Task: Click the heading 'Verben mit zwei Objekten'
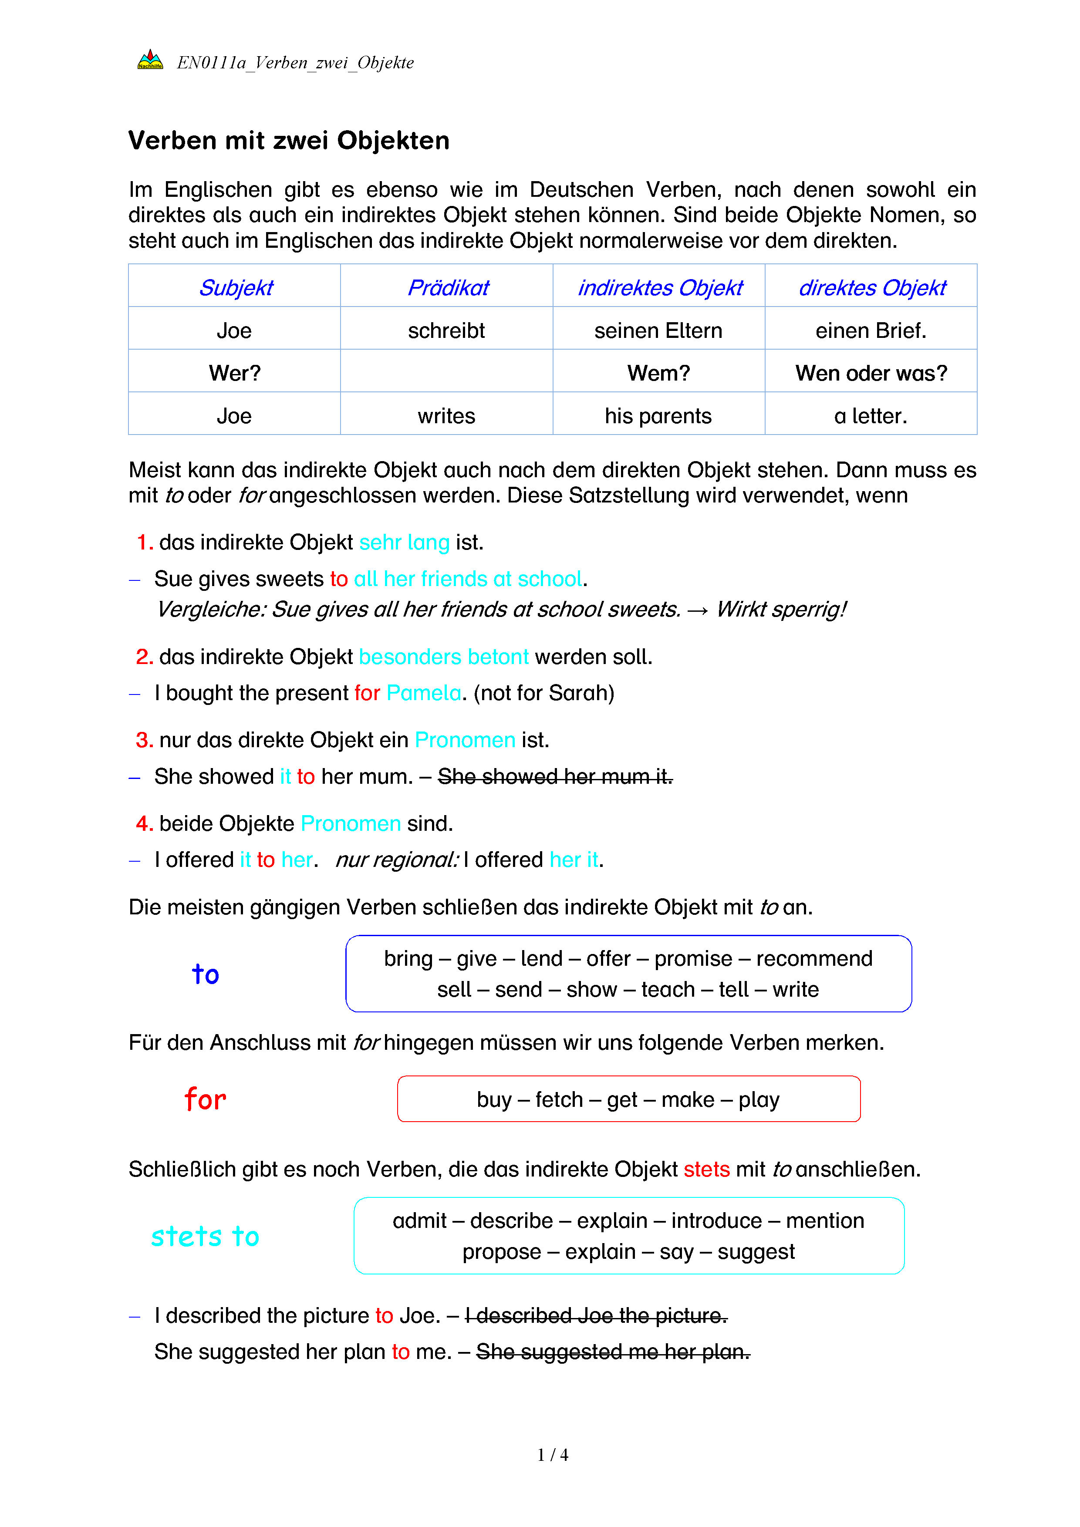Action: pyautogui.click(x=289, y=141)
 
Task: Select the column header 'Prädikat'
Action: pyautogui.click(x=448, y=287)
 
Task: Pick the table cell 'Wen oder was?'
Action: pyautogui.click(x=871, y=373)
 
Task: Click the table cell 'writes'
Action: pyautogui.click(x=446, y=416)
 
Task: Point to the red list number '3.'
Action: pyautogui.click(x=144, y=740)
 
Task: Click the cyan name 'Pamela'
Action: pyautogui.click(x=424, y=693)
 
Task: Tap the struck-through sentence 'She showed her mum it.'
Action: pyautogui.click(x=555, y=776)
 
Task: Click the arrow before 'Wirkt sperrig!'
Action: pyautogui.click(x=698, y=609)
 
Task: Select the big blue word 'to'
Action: pyautogui.click(x=206, y=974)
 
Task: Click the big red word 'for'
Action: pyautogui.click(x=206, y=1099)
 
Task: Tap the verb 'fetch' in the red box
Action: pyautogui.click(x=559, y=1099)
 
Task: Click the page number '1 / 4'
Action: pyautogui.click(x=553, y=1455)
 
